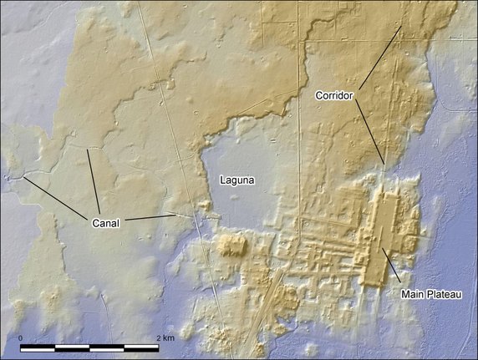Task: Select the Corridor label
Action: click(x=335, y=96)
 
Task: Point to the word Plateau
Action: click(x=448, y=295)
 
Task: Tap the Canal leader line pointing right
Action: click(x=150, y=217)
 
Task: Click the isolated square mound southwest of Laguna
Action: click(x=231, y=246)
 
